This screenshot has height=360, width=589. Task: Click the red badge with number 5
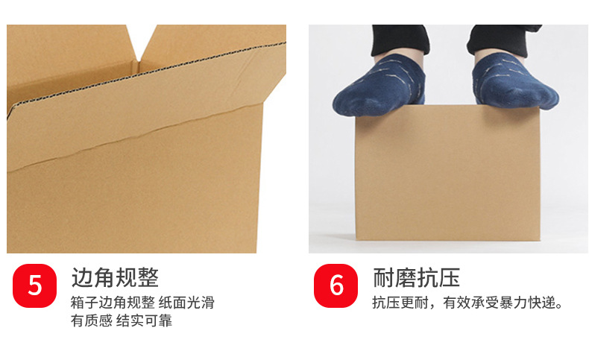(x=34, y=285)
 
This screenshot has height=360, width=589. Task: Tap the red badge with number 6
(x=336, y=285)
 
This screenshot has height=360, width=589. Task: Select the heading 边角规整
(x=115, y=278)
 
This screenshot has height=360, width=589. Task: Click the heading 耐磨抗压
(x=416, y=278)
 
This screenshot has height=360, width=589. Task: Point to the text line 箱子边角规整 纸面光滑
(x=142, y=303)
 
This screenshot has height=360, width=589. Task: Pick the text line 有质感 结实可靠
(x=122, y=321)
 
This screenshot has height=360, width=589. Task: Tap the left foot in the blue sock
(x=379, y=85)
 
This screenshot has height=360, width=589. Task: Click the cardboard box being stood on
(x=447, y=173)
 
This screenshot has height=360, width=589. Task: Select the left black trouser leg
(x=400, y=40)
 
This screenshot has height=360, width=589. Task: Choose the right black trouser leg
(x=504, y=40)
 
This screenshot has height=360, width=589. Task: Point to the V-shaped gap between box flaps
(x=141, y=42)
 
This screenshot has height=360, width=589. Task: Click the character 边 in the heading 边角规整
(x=82, y=278)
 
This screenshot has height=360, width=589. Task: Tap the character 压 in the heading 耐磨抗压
(x=450, y=278)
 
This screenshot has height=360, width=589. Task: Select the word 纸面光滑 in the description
(x=186, y=303)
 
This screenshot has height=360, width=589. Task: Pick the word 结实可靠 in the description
(x=144, y=321)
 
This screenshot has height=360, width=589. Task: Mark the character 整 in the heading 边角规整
(x=148, y=278)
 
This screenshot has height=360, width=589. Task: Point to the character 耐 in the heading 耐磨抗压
(x=383, y=278)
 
